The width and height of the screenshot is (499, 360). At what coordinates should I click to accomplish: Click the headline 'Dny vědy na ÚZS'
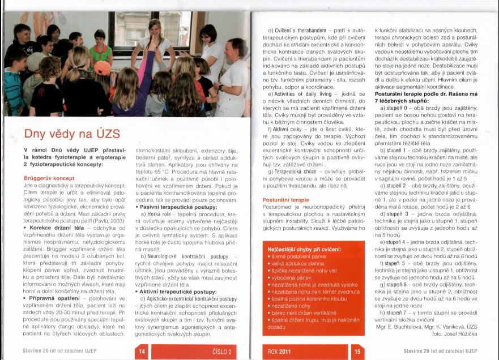click(72, 134)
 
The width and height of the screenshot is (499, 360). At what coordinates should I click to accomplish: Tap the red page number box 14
click(140, 351)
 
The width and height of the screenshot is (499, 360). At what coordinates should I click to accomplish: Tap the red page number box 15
click(357, 351)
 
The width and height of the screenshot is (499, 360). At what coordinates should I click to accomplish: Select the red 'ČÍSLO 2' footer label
click(223, 351)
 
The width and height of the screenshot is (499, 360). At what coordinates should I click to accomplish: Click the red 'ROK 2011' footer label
click(280, 351)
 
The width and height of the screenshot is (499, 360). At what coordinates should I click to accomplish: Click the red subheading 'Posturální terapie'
click(286, 200)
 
